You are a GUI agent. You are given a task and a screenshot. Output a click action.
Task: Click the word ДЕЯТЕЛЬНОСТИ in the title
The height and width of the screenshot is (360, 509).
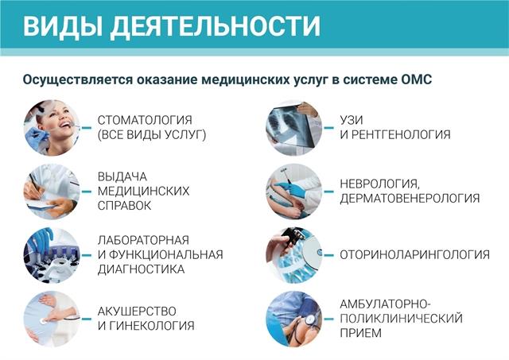point(215,27)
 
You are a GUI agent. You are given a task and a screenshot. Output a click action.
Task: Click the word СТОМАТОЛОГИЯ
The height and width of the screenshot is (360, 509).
point(145,120)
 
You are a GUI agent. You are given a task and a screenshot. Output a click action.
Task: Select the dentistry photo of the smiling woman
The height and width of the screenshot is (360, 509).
point(52,128)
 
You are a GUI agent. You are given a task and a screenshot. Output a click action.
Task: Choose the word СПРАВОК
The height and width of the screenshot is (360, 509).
point(124,206)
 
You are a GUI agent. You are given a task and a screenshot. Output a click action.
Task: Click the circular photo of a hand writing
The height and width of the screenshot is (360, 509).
point(52,192)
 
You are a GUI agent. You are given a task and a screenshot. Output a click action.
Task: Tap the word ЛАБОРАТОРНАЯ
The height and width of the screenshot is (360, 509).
point(143,240)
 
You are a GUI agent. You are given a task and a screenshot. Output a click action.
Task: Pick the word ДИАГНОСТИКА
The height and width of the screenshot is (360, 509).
point(142,269)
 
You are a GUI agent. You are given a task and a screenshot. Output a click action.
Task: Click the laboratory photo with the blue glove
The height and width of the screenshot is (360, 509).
point(52,255)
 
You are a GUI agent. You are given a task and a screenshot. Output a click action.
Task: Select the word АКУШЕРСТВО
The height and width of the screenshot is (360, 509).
point(137,312)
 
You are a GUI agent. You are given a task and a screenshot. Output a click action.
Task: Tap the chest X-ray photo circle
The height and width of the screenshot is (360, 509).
point(294,128)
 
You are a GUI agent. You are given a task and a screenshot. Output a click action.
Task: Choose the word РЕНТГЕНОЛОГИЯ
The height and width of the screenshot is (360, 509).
point(401,134)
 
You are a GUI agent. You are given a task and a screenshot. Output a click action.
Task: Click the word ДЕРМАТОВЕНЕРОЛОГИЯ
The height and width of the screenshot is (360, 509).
point(410,198)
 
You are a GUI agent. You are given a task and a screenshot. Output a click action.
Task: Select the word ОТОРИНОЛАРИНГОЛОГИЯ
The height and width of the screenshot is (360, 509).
point(415,254)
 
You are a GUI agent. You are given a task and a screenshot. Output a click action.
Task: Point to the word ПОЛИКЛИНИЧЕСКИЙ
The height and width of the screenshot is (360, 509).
point(401,318)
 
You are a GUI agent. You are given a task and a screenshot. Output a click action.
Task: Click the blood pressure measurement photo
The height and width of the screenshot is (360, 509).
point(294,319)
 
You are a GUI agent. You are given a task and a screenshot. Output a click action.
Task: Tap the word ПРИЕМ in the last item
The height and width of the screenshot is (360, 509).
point(360,333)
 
